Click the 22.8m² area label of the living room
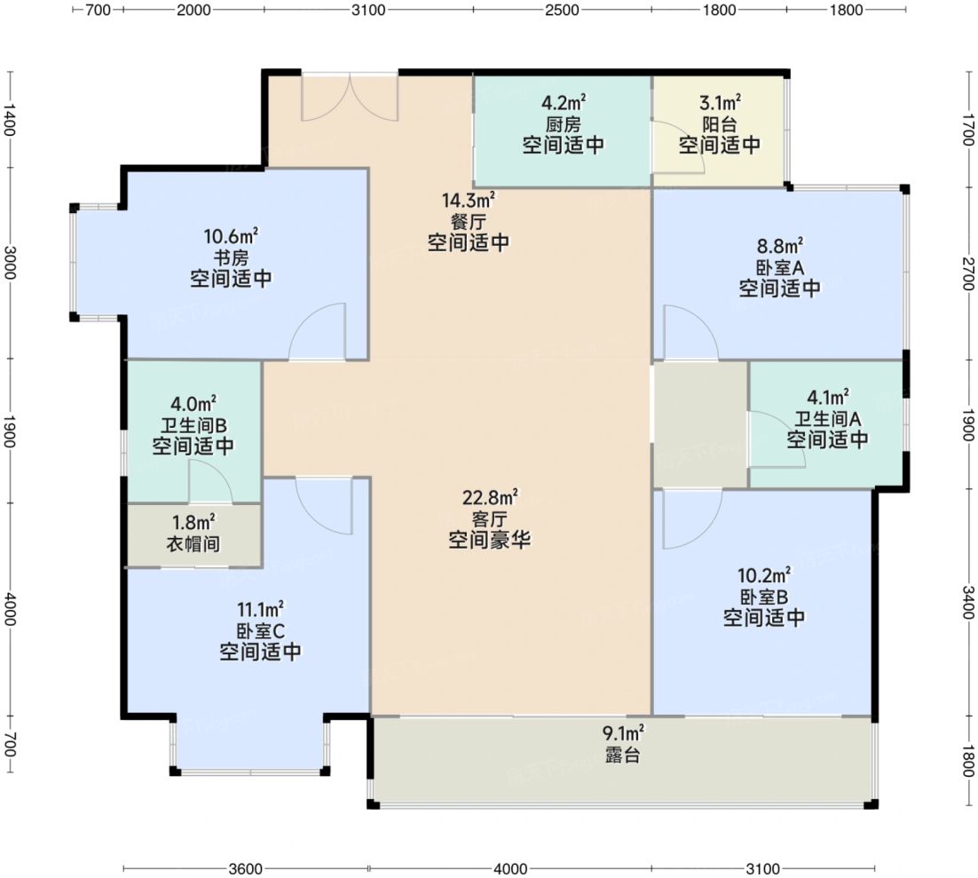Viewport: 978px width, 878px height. coord(490,497)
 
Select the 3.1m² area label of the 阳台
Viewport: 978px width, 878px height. coord(720,102)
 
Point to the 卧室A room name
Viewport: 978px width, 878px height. coord(780,268)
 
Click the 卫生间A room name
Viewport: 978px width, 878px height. coord(827,419)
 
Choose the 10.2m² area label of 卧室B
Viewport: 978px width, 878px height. coord(765,574)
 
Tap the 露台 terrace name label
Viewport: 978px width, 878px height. coord(622,755)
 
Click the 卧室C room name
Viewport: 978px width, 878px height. coord(260,630)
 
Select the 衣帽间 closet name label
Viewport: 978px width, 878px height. coord(193,543)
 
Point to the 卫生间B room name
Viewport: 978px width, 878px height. coord(193,425)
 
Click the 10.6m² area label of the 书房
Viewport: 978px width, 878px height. coord(231,236)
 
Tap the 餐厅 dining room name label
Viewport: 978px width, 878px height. coord(468,222)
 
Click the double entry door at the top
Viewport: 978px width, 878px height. coord(350,98)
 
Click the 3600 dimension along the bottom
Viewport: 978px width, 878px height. coord(245,868)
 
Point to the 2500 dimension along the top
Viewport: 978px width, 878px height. coord(562,10)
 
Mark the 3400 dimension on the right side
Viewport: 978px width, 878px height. coord(967,602)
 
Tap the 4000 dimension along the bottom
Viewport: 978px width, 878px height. coord(510,868)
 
